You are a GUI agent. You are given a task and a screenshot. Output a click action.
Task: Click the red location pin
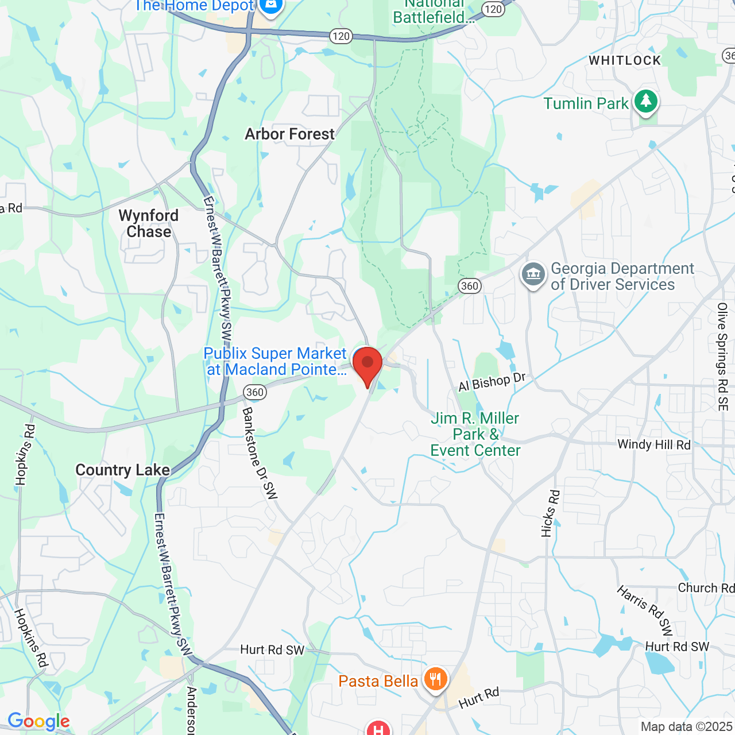(x=367, y=364)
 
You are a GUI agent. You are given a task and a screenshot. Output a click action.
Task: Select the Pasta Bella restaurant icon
(x=435, y=680)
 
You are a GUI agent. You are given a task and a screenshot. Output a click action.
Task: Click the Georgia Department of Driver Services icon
(x=533, y=275)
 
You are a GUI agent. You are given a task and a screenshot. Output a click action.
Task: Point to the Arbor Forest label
(x=289, y=134)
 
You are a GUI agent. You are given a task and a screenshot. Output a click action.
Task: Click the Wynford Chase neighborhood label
(x=149, y=223)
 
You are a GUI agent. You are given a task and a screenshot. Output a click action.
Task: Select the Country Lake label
(x=123, y=470)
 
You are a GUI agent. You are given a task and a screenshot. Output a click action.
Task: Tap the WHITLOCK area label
(x=625, y=60)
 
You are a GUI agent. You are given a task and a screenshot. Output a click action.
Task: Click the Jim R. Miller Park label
(x=475, y=434)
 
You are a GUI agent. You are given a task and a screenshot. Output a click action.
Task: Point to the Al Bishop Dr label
(x=492, y=382)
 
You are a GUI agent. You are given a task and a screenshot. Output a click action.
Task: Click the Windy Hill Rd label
(x=654, y=444)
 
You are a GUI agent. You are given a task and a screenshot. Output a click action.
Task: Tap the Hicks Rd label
(x=550, y=513)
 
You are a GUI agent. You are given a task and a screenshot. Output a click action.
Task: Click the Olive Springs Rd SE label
(x=722, y=357)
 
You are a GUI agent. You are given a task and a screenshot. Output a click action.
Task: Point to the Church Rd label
(x=706, y=587)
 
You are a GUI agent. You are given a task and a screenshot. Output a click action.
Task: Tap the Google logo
(x=38, y=721)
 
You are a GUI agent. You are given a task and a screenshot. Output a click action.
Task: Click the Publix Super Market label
(x=276, y=361)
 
